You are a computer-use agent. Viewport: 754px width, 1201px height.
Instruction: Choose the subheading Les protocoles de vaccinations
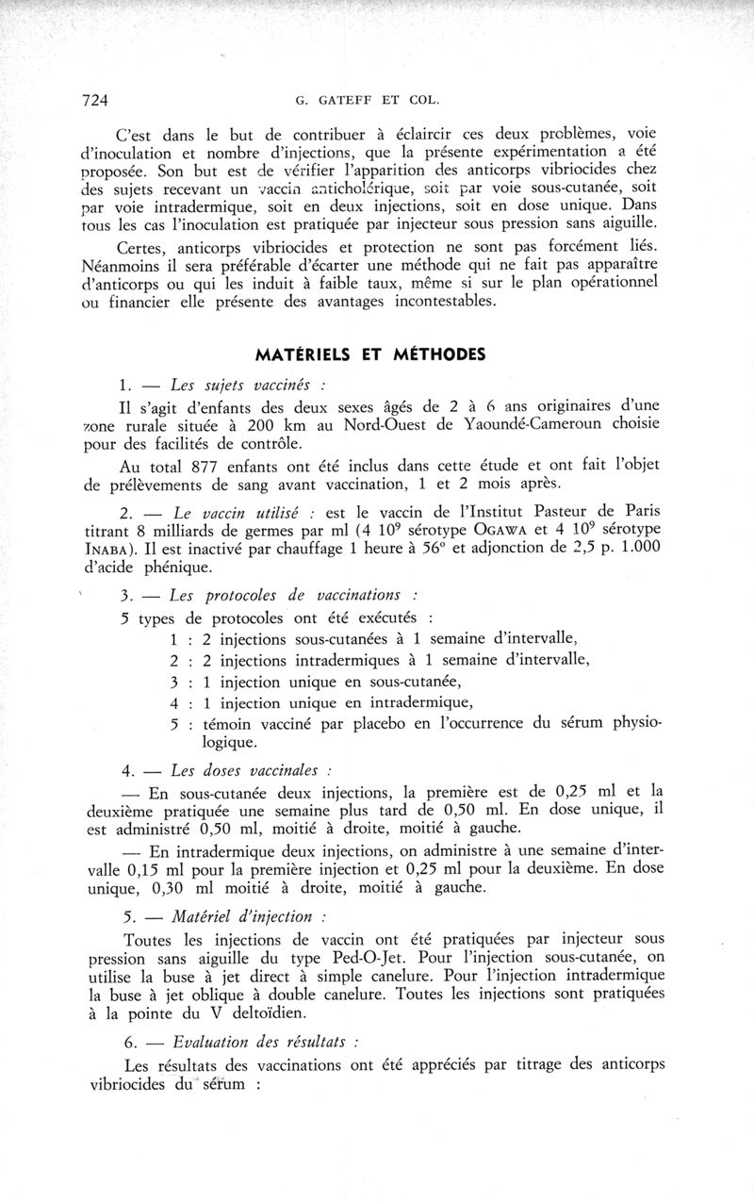[x=286, y=596]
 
